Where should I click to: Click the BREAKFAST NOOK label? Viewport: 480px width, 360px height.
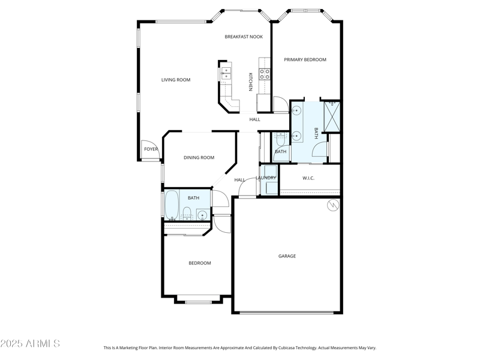(244, 37)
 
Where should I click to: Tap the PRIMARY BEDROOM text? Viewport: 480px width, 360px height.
(305, 59)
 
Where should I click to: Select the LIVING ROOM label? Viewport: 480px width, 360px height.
(176, 80)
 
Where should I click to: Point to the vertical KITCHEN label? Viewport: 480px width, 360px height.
(250, 82)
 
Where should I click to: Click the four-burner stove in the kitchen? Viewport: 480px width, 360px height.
(264, 74)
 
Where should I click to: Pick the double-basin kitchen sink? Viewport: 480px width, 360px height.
(226, 73)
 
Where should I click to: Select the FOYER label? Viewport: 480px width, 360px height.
(151, 149)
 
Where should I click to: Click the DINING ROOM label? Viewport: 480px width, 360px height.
(199, 158)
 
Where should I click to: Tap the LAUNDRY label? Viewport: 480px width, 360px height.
(266, 178)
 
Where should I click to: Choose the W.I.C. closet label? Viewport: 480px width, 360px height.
(308, 178)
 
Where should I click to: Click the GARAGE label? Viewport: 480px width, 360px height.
(287, 256)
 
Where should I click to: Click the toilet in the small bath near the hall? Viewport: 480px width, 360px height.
(280, 140)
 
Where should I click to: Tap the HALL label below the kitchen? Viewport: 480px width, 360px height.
(255, 119)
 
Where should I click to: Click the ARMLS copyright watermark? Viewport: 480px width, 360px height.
(30, 344)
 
